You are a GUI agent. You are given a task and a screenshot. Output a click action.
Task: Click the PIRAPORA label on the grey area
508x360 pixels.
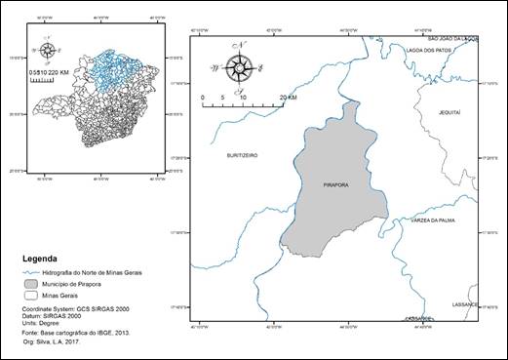[334, 183]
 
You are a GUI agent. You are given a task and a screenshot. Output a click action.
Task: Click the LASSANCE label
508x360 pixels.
[465, 304]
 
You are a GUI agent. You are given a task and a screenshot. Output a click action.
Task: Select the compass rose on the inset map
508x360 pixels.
[47, 49]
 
